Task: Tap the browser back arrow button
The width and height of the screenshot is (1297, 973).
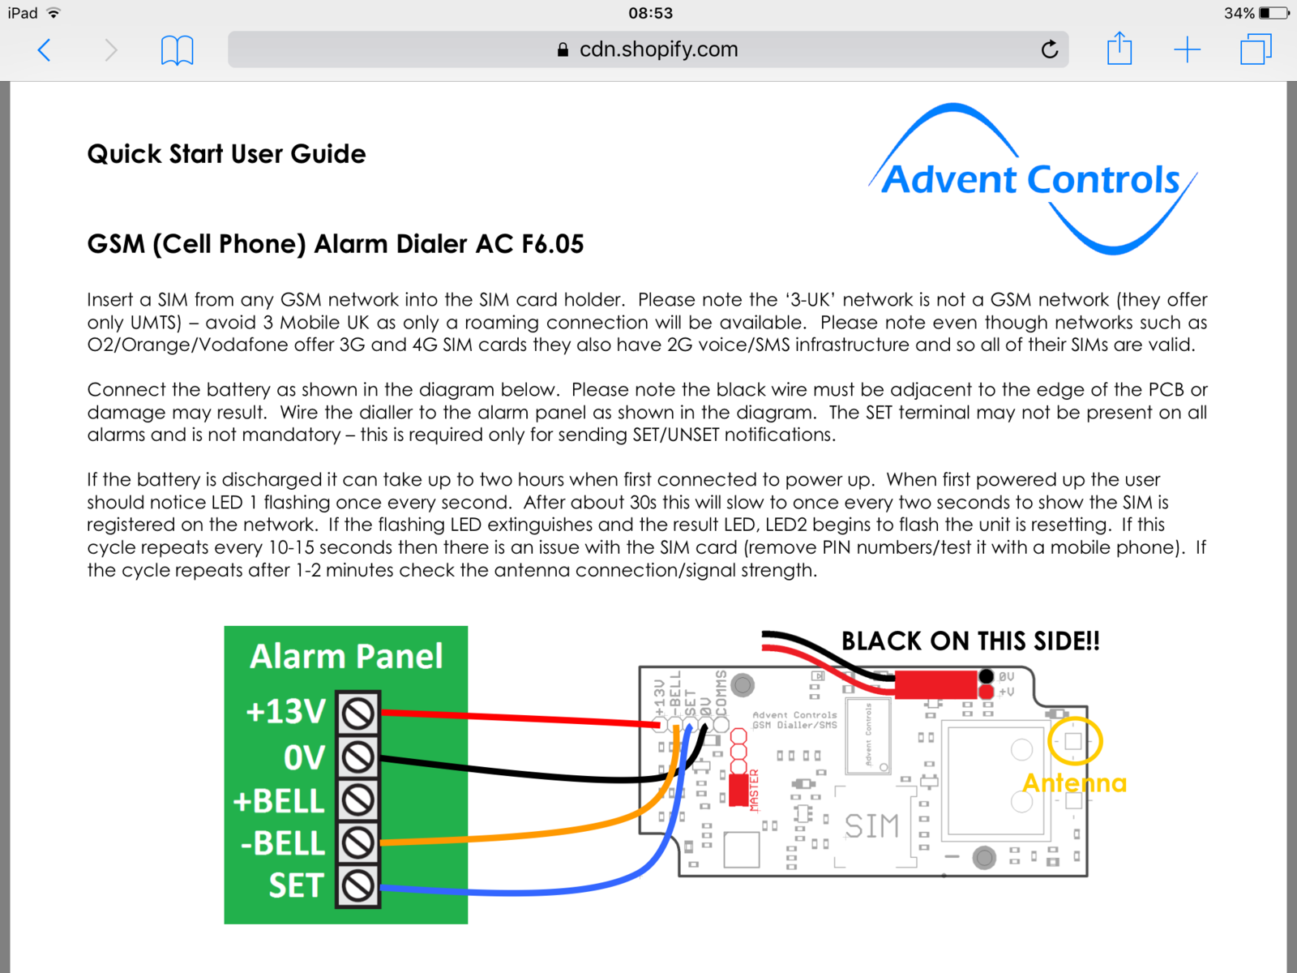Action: [45, 50]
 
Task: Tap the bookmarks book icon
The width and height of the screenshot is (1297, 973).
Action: [177, 50]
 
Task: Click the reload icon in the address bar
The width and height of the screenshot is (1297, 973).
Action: [1050, 50]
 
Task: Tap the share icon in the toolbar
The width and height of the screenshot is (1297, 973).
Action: [1119, 49]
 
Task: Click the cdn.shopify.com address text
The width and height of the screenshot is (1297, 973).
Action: [658, 49]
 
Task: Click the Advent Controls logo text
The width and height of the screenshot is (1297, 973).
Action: [1030, 180]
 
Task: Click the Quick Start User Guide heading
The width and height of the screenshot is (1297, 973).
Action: [226, 154]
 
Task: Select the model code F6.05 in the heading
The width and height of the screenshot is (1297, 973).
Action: [552, 244]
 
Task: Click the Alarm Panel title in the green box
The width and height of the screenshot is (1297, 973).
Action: [346, 656]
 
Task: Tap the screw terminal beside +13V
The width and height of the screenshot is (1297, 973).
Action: [357, 714]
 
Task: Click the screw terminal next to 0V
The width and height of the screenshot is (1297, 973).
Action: [357, 757]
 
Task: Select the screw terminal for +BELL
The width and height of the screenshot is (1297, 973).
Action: [357, 800]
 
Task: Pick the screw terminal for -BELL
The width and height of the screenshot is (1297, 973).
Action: [357, 843]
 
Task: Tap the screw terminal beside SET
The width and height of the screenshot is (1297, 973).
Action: [357, 885]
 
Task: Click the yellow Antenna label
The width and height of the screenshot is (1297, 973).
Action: [1074, 783]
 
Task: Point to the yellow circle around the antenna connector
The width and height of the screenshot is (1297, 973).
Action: [1075, 741]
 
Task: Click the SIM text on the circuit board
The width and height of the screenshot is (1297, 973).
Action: [871, 826]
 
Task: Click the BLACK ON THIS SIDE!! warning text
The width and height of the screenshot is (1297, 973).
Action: [970, 641]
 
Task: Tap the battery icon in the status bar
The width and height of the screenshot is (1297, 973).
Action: [1273, 13]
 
